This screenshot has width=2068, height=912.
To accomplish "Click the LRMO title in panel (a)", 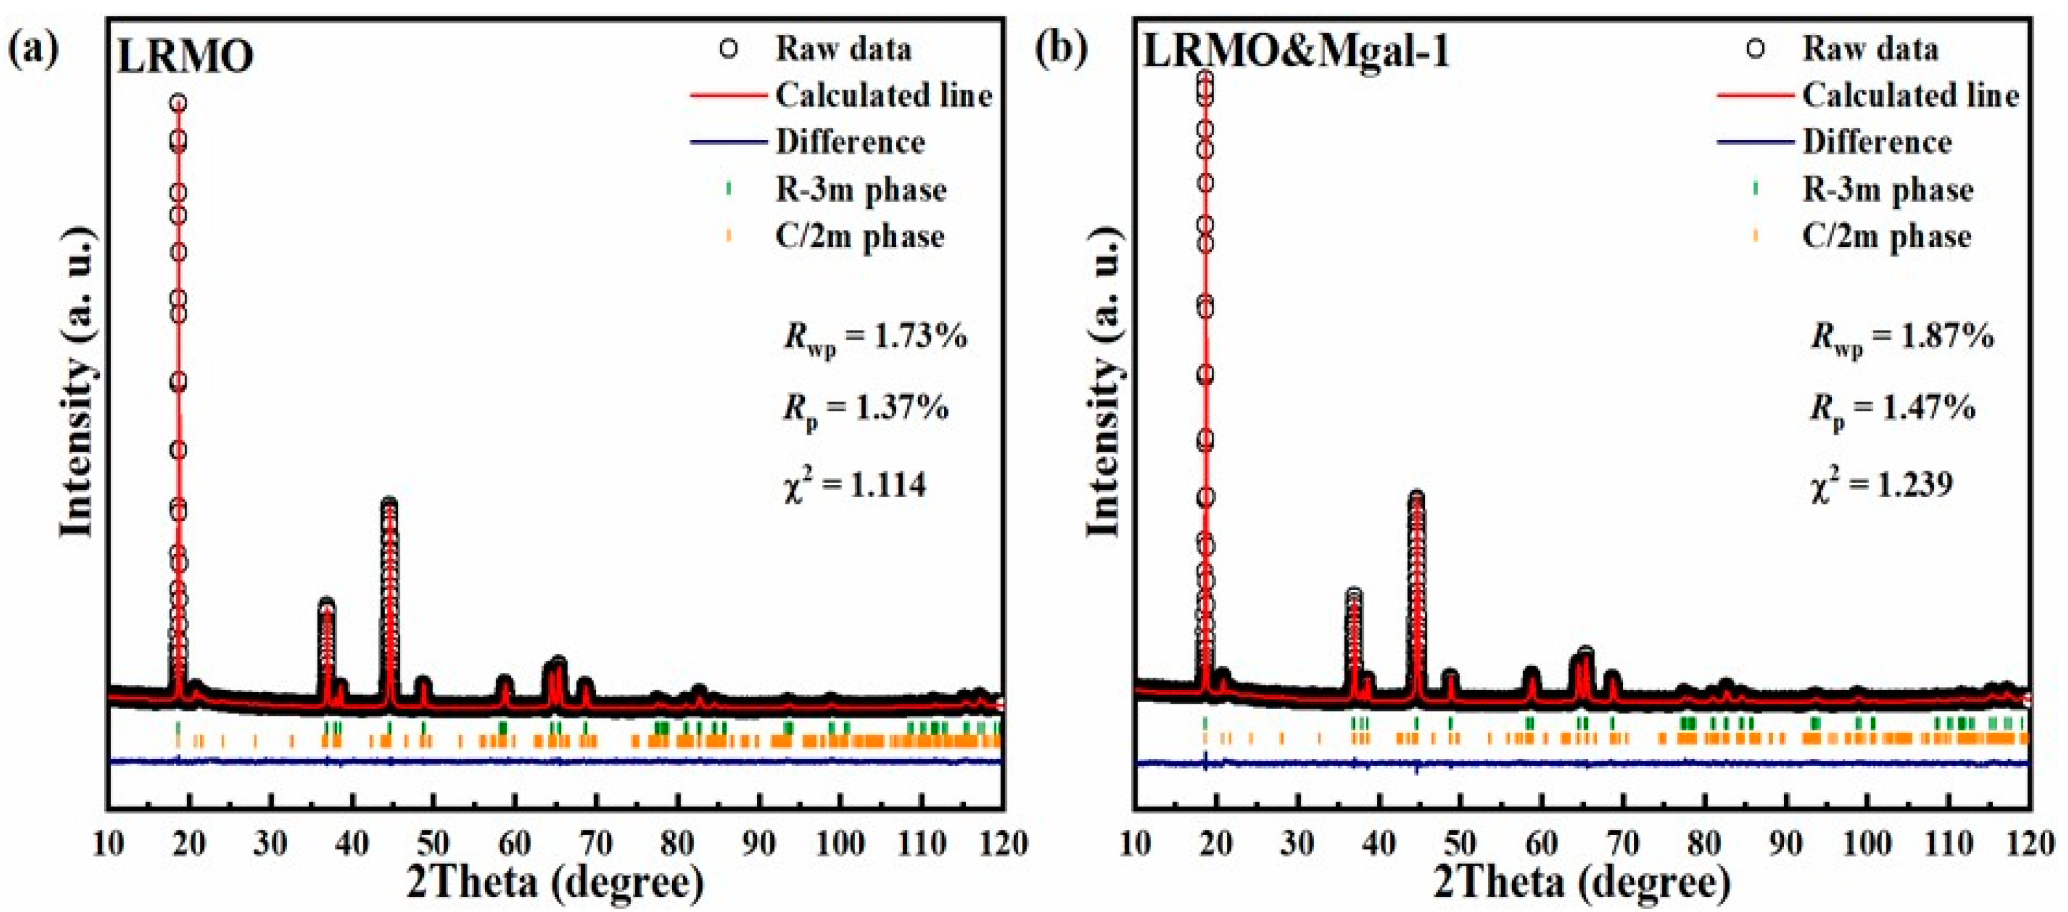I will [x=185, y=56].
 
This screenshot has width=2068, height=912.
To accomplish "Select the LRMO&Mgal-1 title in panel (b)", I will [x=1296, y=52].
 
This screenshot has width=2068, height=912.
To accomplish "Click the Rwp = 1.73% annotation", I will [x=875, y=337].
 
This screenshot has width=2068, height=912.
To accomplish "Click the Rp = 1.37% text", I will [x=865, y=410].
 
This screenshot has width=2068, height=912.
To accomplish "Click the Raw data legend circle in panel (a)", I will [x=728, y=49].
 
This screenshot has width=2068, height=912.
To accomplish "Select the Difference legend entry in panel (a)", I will [x=850, y=142].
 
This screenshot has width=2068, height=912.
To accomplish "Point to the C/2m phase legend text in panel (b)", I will [x=1886, y=236].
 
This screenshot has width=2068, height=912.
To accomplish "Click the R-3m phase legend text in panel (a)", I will [x=861, y=190].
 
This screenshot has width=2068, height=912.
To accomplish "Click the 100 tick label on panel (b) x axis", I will [x=1868, y=844].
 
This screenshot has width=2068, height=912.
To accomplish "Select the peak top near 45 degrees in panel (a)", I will [x=389, y=505].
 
